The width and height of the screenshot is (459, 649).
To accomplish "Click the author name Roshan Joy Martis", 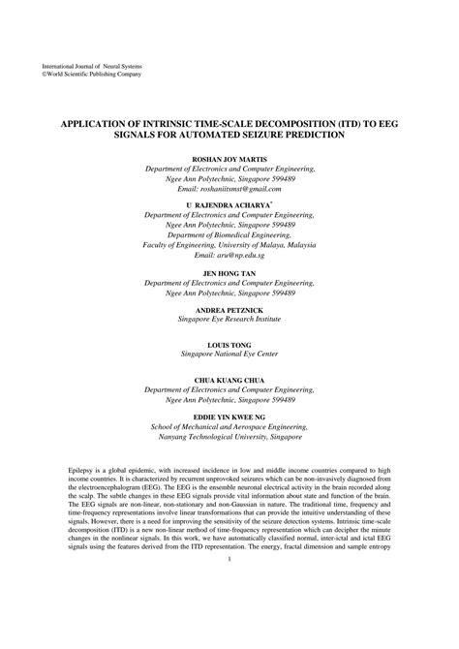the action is click(x=229, y=157).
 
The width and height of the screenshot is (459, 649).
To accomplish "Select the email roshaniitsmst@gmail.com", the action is click(x=229, y=188).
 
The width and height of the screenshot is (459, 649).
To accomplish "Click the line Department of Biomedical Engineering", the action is click(x=229, y=234).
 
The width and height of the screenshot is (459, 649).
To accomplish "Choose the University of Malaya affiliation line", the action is click(x=229, y=244).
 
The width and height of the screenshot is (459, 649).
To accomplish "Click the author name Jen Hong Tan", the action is click(x=229, y=272).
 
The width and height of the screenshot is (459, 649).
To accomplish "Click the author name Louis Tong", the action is click(x=229, y=345).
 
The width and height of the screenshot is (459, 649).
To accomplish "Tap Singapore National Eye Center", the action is click(x=229, y=355).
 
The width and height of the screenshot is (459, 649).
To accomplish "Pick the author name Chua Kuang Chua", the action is click(x=229, y=379).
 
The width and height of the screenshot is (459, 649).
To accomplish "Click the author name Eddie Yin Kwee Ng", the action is click(x=229, y=415).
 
